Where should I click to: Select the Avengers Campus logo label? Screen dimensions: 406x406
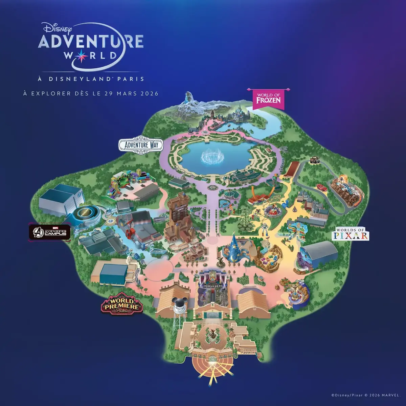pos(49,232)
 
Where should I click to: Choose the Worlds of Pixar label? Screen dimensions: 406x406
pos(351,234)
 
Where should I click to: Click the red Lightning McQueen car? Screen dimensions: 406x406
pos(321,186)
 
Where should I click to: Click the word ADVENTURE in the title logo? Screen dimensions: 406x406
pos(91,41)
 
